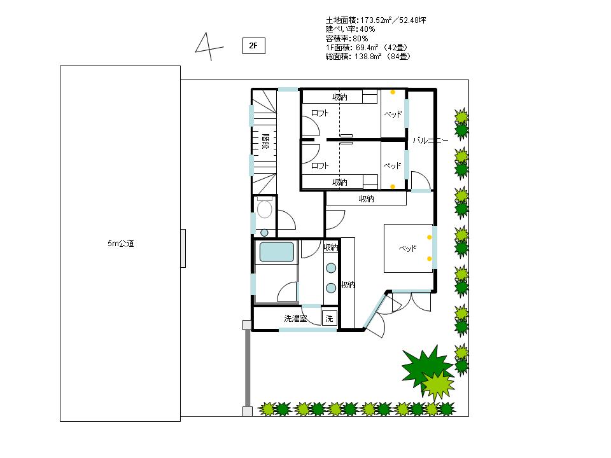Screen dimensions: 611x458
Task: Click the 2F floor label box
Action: pos(254,46)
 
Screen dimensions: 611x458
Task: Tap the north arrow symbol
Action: pos(209,47)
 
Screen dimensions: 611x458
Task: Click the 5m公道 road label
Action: pos(121,244)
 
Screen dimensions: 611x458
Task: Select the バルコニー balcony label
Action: pos(430,140)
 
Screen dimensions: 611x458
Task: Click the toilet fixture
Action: pos(265,208)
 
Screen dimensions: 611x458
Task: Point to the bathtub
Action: pos(277,252)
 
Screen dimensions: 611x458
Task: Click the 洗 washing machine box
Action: pos(329,319)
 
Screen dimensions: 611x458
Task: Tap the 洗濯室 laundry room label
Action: pos(295,319)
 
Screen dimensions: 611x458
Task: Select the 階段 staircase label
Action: pos(265,142)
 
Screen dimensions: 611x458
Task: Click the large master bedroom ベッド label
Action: pos(407,249)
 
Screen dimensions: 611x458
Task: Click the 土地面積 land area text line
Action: pos(376,20)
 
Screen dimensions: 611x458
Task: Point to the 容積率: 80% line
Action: pos(347,39)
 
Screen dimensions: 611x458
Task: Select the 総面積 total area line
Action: pos(369,57)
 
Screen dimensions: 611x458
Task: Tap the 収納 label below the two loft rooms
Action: pos(367,199)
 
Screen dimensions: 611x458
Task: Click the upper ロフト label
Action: pos(320,113)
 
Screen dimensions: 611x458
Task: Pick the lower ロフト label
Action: pos(320,166)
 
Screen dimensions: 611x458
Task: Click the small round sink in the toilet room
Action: pos(265,233)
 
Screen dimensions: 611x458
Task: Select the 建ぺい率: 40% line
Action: pos(350,29)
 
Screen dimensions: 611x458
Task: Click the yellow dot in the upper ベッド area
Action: pos(393,92)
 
